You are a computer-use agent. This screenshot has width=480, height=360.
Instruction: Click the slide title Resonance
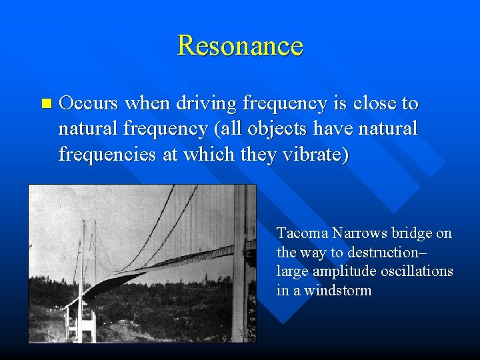point(240,45)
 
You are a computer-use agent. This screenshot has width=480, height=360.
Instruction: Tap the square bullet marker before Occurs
point(45,104)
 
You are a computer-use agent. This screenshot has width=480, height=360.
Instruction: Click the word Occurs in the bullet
point(89,103)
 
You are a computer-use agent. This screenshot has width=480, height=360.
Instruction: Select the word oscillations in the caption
point(417,271)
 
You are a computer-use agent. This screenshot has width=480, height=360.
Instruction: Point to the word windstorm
point(338,291)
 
